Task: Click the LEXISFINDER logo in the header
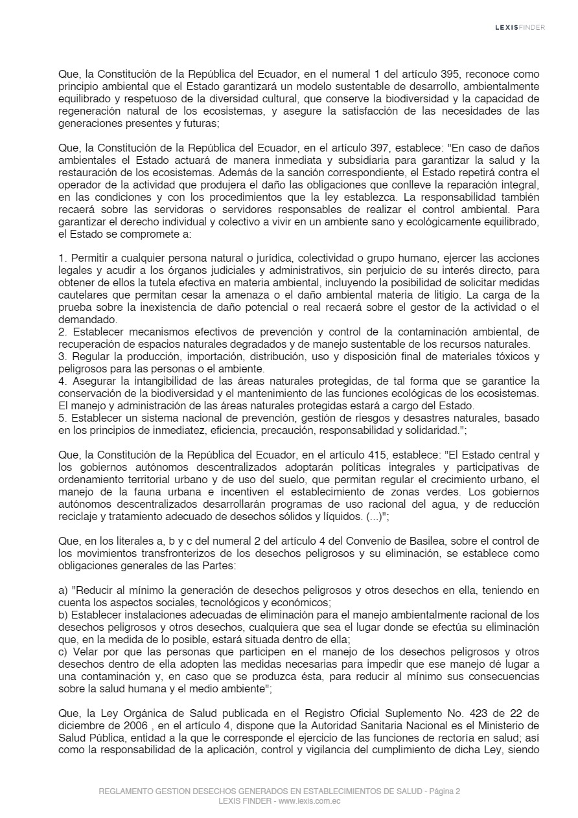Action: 520,27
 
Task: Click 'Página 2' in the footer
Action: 443,791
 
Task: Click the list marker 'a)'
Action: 63,591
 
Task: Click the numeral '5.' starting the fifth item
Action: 62,418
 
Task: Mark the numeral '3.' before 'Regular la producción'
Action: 62,357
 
